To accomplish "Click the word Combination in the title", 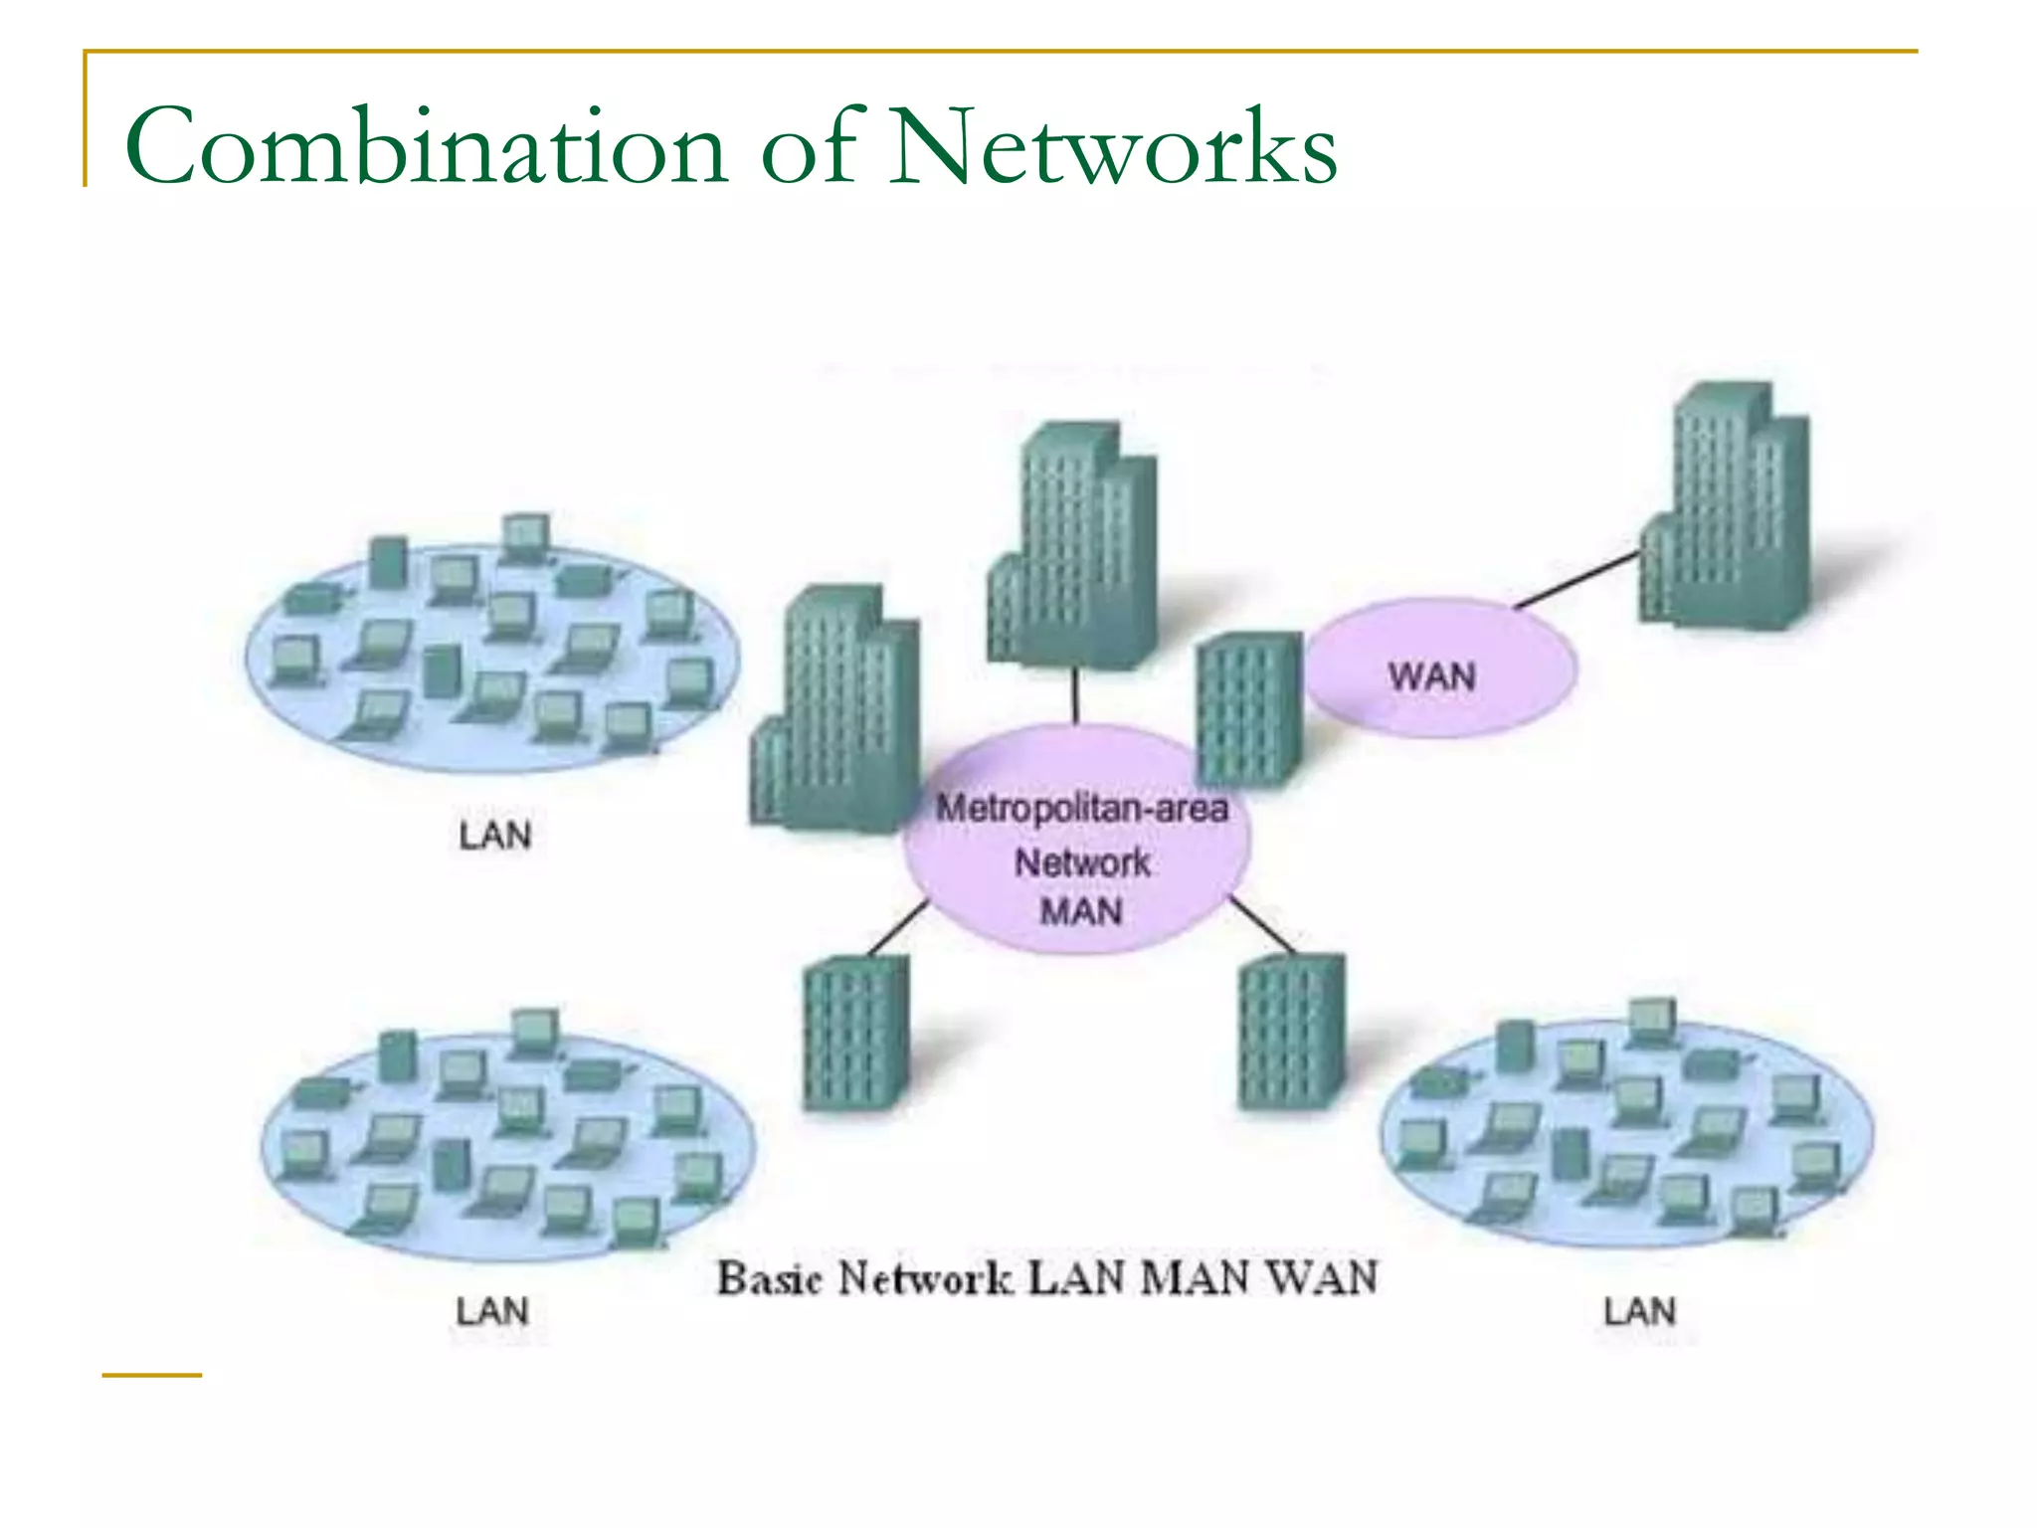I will point(426,147).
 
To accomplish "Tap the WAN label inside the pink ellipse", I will point(1431,676).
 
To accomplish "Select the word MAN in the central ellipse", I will point(1081,911).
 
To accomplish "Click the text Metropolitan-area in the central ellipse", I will point(1082,808).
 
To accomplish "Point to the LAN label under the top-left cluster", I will point(494,836).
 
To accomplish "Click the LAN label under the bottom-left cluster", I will point(492,1311).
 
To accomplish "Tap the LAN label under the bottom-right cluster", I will point(1639,1311).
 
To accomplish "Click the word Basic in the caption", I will point(770,1278).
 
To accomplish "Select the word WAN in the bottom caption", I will point(1323,1278).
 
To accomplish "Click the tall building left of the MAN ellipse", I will point(835,711).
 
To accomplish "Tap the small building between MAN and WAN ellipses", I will point(1248,708).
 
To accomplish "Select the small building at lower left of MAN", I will point(855,1035).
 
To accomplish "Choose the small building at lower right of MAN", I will point(1291,1033).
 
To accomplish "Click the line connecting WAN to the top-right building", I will point(1576,579).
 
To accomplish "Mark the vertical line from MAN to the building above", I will point(1075,695).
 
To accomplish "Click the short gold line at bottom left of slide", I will point(151,1376).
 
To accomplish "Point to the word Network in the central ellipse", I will point(1082,861).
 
